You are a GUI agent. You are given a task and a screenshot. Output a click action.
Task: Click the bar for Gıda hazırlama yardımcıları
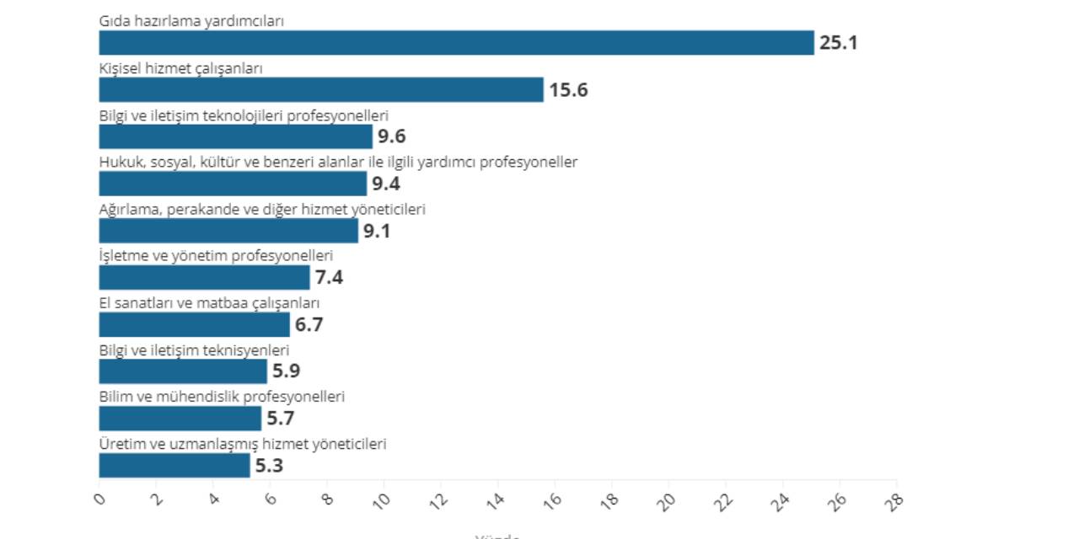click(x=456, y=43)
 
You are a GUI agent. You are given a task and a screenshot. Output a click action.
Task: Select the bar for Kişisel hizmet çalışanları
click(x=321, y=90)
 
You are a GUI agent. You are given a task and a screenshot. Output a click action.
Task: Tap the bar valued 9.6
click(x=235, y=136)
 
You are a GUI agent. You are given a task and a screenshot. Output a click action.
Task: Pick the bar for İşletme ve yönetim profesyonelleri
click(x=204, y=278)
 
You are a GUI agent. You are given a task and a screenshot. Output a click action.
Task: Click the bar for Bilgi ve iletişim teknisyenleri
click(x=183, y=371)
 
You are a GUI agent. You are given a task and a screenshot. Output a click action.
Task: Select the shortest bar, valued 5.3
click(x=174, y=466)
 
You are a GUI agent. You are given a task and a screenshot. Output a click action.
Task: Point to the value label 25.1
click(x=838, y=43)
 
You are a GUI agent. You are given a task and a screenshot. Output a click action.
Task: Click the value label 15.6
click(x=568, y=90)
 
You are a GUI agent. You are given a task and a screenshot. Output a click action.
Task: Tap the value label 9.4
click(x=391, y=184)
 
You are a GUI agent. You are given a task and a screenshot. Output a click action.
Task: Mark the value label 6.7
click(x=309, y=324)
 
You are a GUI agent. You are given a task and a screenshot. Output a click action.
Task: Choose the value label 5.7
click(x=281, y=419)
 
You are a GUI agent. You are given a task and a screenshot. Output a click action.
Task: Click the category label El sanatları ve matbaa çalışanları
click(x=209, y=303)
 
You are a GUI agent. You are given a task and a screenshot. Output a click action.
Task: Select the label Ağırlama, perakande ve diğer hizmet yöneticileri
click(x=262, y=209)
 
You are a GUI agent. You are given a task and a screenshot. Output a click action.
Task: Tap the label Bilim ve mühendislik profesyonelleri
click(x=222, y=397)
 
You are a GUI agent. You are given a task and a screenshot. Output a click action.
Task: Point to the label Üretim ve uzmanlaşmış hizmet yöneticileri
click(x=243, y=444)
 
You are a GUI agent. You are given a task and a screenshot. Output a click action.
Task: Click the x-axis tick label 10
click(x=383, y=500)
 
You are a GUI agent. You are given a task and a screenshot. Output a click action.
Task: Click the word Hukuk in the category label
click(x=119, y=163)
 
